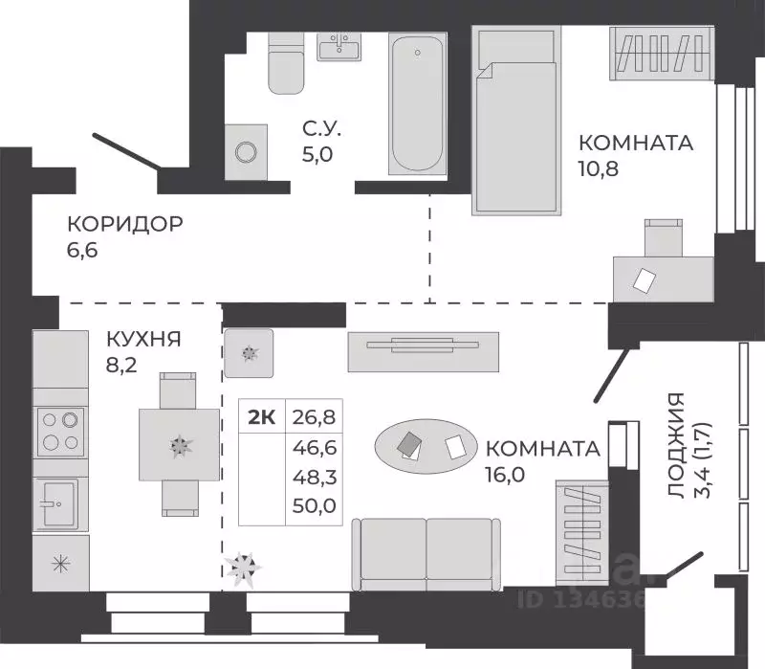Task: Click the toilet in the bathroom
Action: pos(285,64)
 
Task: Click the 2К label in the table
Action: pos(262,416)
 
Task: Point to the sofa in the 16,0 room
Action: pos(426,553)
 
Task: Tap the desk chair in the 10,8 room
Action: pos(663,239)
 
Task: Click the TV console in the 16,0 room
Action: pos(422,350)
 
